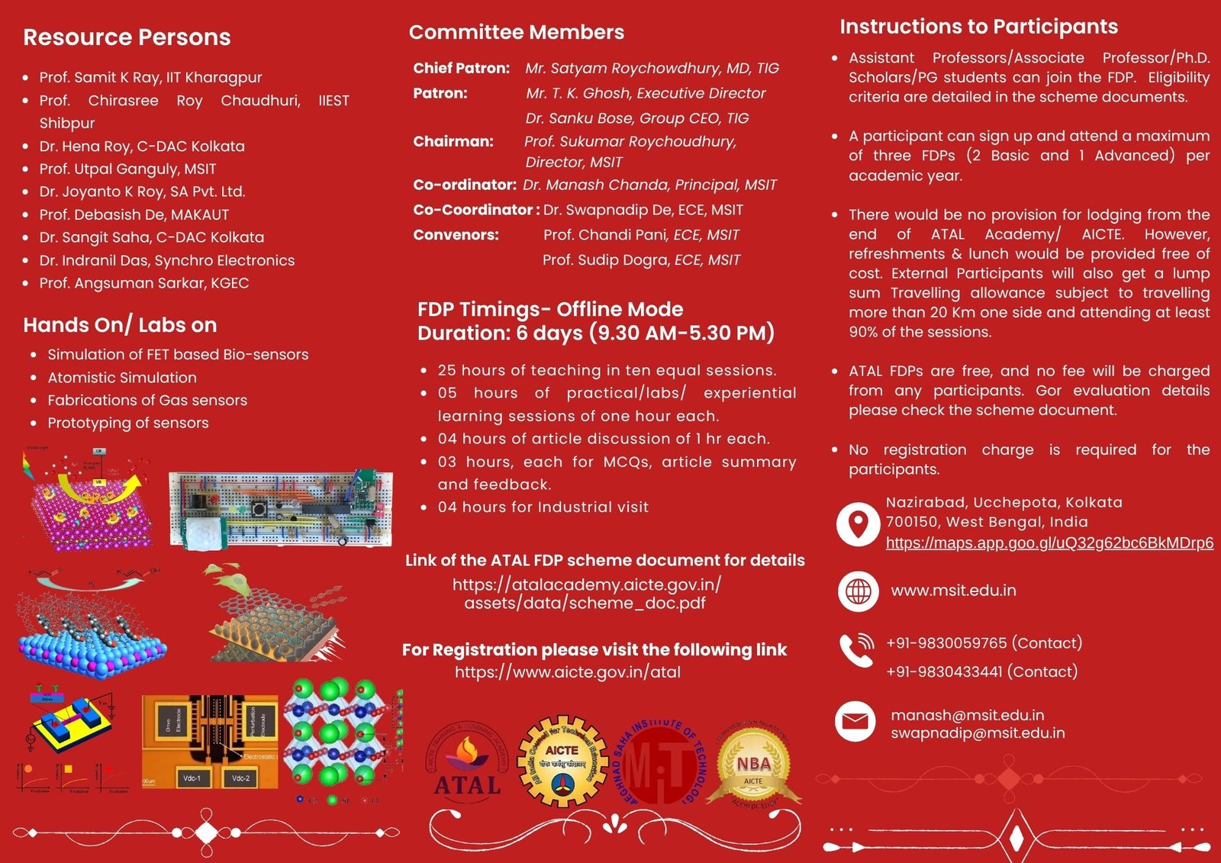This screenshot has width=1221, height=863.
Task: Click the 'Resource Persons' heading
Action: (x=127, y=37)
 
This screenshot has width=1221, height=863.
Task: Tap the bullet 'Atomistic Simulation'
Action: (x=122, y=378)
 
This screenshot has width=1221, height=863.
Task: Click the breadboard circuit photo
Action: (x=281, y=508)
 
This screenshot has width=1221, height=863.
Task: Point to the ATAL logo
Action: (x=467, y=765)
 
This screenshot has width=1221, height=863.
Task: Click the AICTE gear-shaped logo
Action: (x=563, y=762)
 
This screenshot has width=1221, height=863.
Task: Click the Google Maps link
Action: (x=1049, y=543)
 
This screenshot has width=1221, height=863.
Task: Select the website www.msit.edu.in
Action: (x=953, y=591)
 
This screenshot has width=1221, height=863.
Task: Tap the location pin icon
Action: (x=859, y=524)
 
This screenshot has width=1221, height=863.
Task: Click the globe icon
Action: (x=859, y=591)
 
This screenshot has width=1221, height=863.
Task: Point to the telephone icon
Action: (x=857, y=650)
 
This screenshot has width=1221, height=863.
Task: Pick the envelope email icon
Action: (x=855, y=721)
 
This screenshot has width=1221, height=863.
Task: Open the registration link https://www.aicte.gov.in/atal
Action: (x=568, y=672)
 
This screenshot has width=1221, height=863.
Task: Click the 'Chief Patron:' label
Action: (x=461, y=68)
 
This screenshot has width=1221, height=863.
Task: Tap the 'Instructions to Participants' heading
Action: (x=978, y=27)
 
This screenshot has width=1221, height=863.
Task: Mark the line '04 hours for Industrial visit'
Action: (x=543, y=507)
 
